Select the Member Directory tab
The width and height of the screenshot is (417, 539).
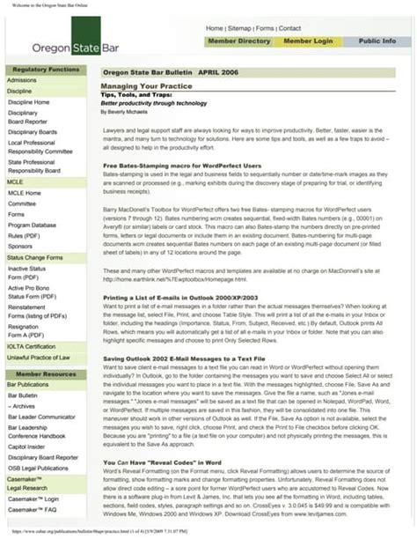239,41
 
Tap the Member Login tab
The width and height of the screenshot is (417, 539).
308,41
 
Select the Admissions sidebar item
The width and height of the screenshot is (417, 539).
22,79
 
